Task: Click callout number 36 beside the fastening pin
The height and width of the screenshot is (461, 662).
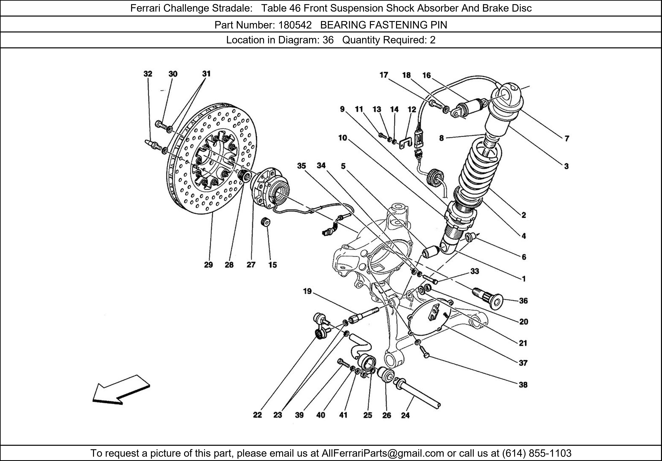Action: pyautogui.click(x=523, y=301)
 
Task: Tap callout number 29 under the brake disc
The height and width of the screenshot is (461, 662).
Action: pyautogui.click(x=209, y=265)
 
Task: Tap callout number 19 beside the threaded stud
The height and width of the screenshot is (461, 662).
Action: pyautogui.click(x=307, y=291)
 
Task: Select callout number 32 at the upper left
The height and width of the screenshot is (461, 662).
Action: pyautogui.click(x=148, y=74)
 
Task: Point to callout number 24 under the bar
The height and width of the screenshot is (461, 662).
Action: pyautogui.click(x=405, y=415)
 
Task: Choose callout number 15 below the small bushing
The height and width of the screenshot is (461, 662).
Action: pyautogui.click(x=272, y=265)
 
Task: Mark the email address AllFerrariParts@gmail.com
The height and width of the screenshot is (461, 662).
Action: pyautogui.click(x=383, y=453)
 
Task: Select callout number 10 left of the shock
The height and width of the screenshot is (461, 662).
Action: pyautogui.click(x=343, y=138)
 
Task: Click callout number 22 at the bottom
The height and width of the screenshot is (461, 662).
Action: pyautogui.click(x=258, y=415)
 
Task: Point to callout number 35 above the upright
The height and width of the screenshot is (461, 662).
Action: pyautogui.click(x=301, y=166)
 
